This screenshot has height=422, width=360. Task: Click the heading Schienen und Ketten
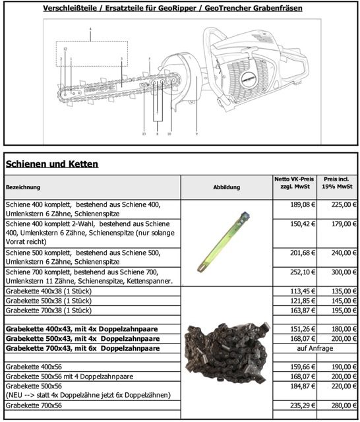point(52,164)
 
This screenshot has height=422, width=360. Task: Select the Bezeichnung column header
point(23,187)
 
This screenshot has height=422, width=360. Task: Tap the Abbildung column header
point(227,187)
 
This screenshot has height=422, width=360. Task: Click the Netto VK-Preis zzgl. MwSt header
point(294,183)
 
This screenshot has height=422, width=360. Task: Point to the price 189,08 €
point(303,204)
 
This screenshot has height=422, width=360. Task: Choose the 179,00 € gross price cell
point(344,224)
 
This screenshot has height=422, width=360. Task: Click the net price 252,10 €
point(303,272)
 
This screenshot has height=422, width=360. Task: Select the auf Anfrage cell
point(315,348)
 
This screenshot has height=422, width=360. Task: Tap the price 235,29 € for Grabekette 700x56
point(303,406)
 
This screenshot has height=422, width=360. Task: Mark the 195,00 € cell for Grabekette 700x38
point(344,311)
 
